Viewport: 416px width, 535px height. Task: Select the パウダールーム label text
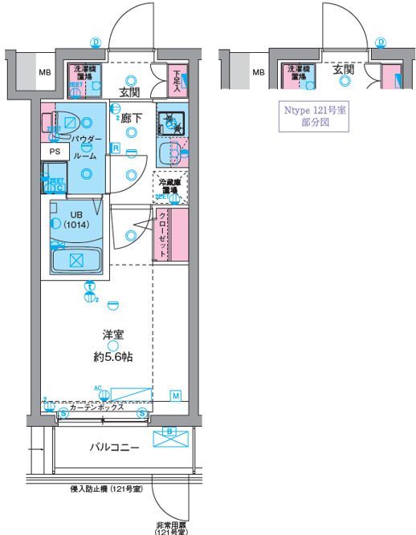pos(87,147)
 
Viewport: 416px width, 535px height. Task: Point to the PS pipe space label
pos(55,151)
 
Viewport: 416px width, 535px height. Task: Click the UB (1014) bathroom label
pos(75,220)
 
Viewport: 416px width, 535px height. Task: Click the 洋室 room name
pos(112,334)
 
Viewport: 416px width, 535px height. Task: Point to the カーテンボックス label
pos(96,407)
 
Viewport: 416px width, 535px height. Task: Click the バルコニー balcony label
pos(115,446)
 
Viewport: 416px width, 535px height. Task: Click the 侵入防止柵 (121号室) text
pos(106,488)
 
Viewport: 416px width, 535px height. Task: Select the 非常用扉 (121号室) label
pos(171,529)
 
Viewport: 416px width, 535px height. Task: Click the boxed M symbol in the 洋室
pos(176,394)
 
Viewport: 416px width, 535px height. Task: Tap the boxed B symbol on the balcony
pos(169,431)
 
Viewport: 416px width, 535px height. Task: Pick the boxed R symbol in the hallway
pos(116,148)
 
